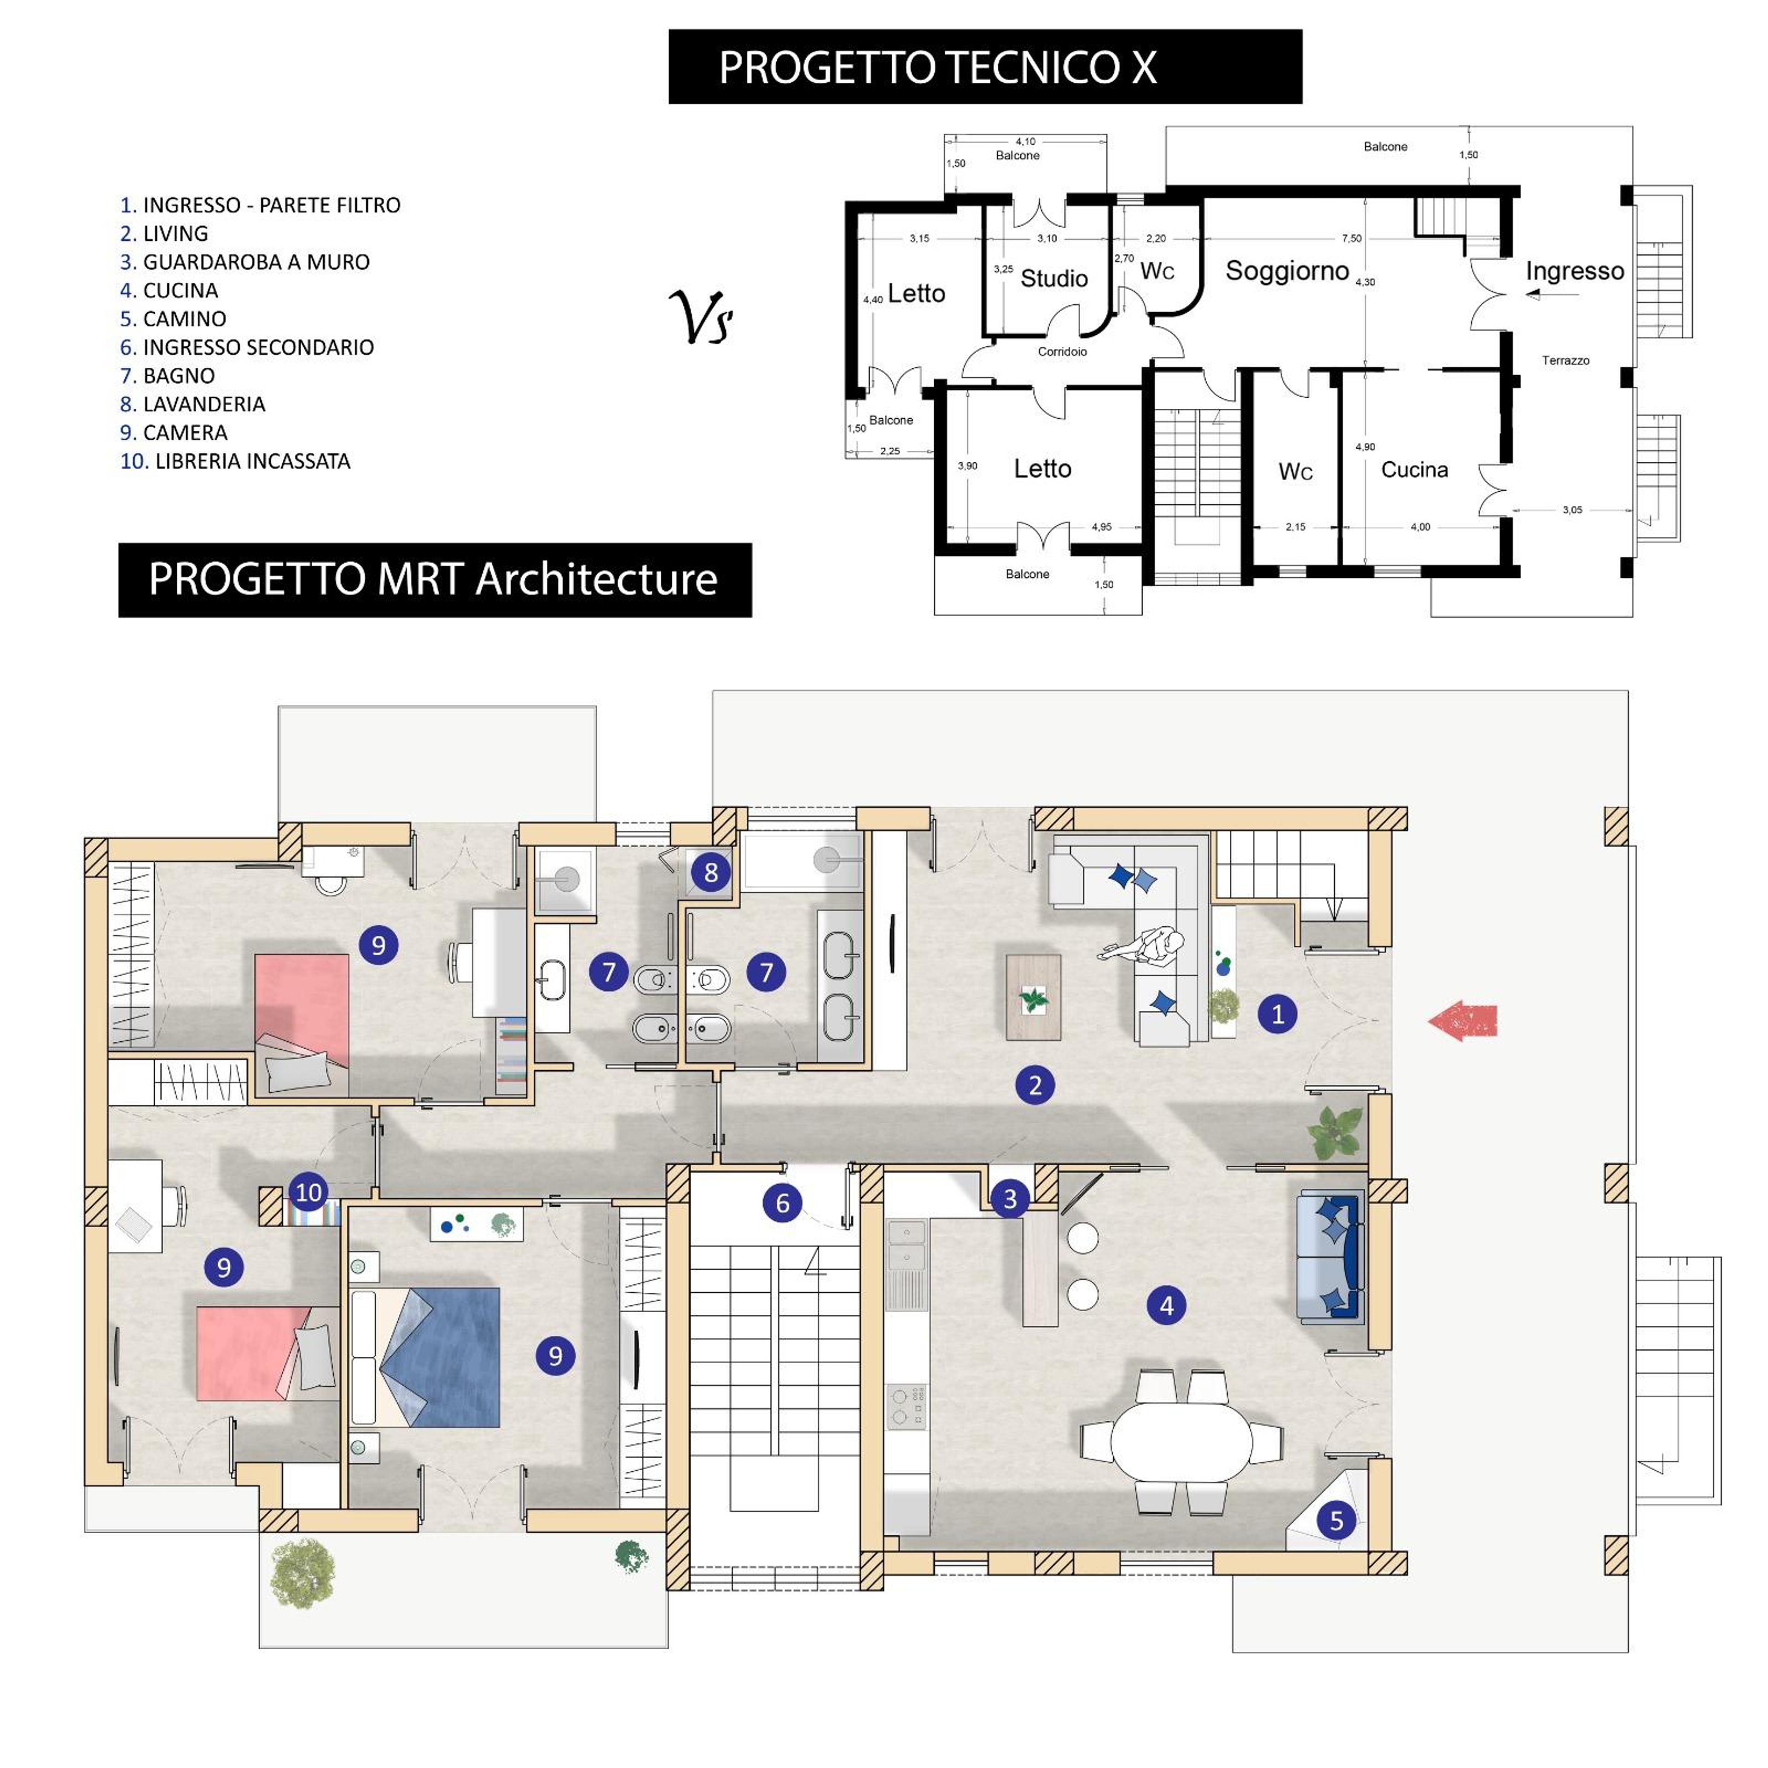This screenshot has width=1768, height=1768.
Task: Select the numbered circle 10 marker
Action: point(308,1192)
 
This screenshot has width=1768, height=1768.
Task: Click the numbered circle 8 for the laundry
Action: point(711,872)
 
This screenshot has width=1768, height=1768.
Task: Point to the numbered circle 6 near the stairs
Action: point(782,1203)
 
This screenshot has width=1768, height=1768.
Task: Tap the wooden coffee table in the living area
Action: point(1033,997)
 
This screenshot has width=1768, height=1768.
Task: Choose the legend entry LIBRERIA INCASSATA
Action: point(235,461)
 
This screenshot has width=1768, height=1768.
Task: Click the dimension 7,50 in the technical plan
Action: point(1352,238)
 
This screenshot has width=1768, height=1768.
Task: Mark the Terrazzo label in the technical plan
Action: point(1566,361)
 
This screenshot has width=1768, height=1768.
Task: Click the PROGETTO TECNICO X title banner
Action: point(986,67)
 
